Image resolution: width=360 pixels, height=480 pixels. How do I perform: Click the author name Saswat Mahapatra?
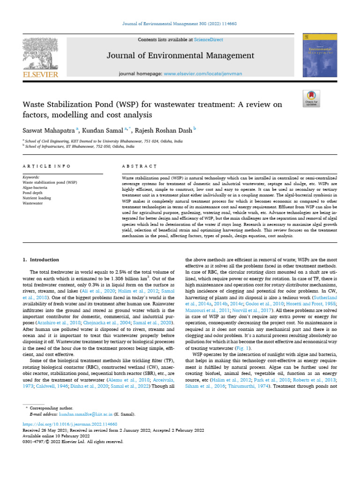(x=46, y=130)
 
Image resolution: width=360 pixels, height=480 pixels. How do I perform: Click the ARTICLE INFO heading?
(x=46, y=166)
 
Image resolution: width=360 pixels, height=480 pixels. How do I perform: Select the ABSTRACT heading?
(x=139, y=166)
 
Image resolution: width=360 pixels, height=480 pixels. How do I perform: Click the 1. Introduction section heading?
(x=41, y=260)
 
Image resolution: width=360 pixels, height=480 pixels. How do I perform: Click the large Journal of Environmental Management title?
(x=180, y=56)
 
